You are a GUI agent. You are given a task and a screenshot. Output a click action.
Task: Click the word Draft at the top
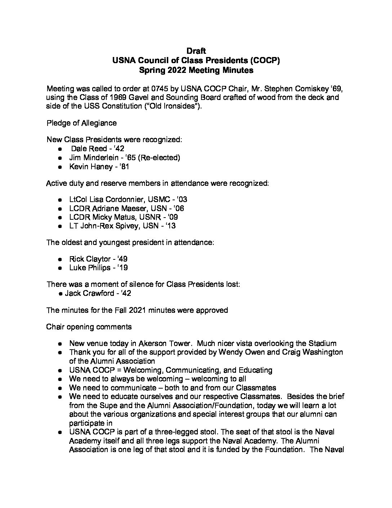(196, 51)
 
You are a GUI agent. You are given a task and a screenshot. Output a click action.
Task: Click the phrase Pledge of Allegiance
(81, 123)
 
